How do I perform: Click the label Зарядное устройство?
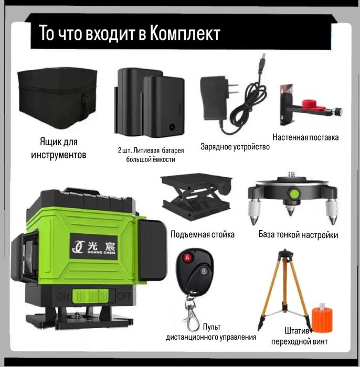[235, 147]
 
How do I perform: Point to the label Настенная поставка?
[305, 137]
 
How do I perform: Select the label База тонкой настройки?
[298, 235]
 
